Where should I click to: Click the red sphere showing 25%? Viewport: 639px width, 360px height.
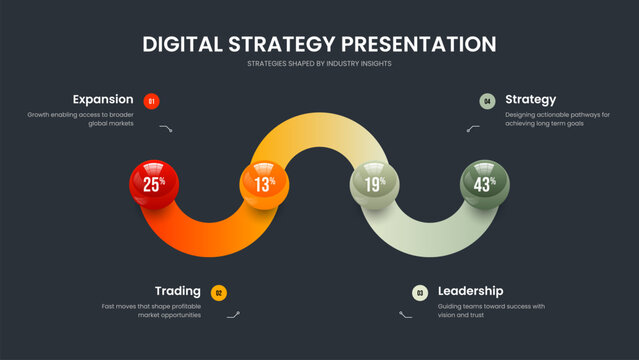click(154, 184)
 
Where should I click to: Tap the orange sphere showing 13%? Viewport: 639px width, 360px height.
click(264, 184)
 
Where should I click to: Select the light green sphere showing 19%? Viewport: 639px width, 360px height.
click(374, 184)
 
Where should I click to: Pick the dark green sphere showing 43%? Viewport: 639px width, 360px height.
click(484, 184)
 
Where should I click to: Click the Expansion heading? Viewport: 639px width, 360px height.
click(102, 99)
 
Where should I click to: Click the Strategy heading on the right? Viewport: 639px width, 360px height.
click(530, 99)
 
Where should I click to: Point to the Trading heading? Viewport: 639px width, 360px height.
click(177, 291)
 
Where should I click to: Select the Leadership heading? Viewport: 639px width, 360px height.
click(470, 291)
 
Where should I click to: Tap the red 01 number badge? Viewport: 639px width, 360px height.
click(151, 100)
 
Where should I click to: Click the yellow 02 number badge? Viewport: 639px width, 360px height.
click(219, 293)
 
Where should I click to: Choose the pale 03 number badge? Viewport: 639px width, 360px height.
click(420, 293)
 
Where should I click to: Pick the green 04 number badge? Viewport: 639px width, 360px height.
click(487, 100)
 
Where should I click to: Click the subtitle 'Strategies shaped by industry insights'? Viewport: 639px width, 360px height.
click(319, 64)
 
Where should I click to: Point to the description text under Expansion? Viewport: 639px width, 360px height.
click(81, 119)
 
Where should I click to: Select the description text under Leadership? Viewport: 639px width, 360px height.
click(491, 310)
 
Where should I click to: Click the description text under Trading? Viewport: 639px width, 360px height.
click(152, 310)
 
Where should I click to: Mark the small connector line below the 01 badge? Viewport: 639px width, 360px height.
click(167, 129)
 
